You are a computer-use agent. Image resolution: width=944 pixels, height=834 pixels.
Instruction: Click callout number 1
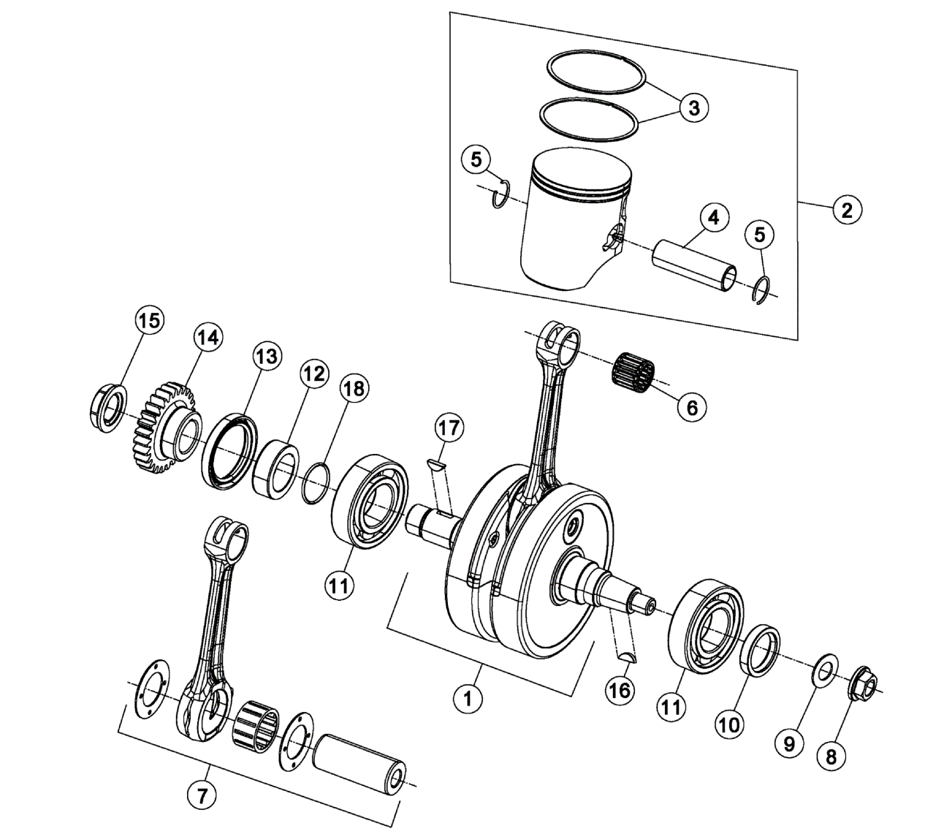pyautogui.click(x=468, y=697)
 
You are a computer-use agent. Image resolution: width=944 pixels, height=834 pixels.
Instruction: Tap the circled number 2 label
pyautogui.click(x=846, y=210)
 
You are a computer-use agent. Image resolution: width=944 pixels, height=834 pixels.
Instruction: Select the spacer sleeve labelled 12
pyautogui.click(x=277, y=469)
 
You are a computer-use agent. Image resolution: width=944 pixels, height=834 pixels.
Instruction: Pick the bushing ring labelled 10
pyautogui.click(x=761, y=648)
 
